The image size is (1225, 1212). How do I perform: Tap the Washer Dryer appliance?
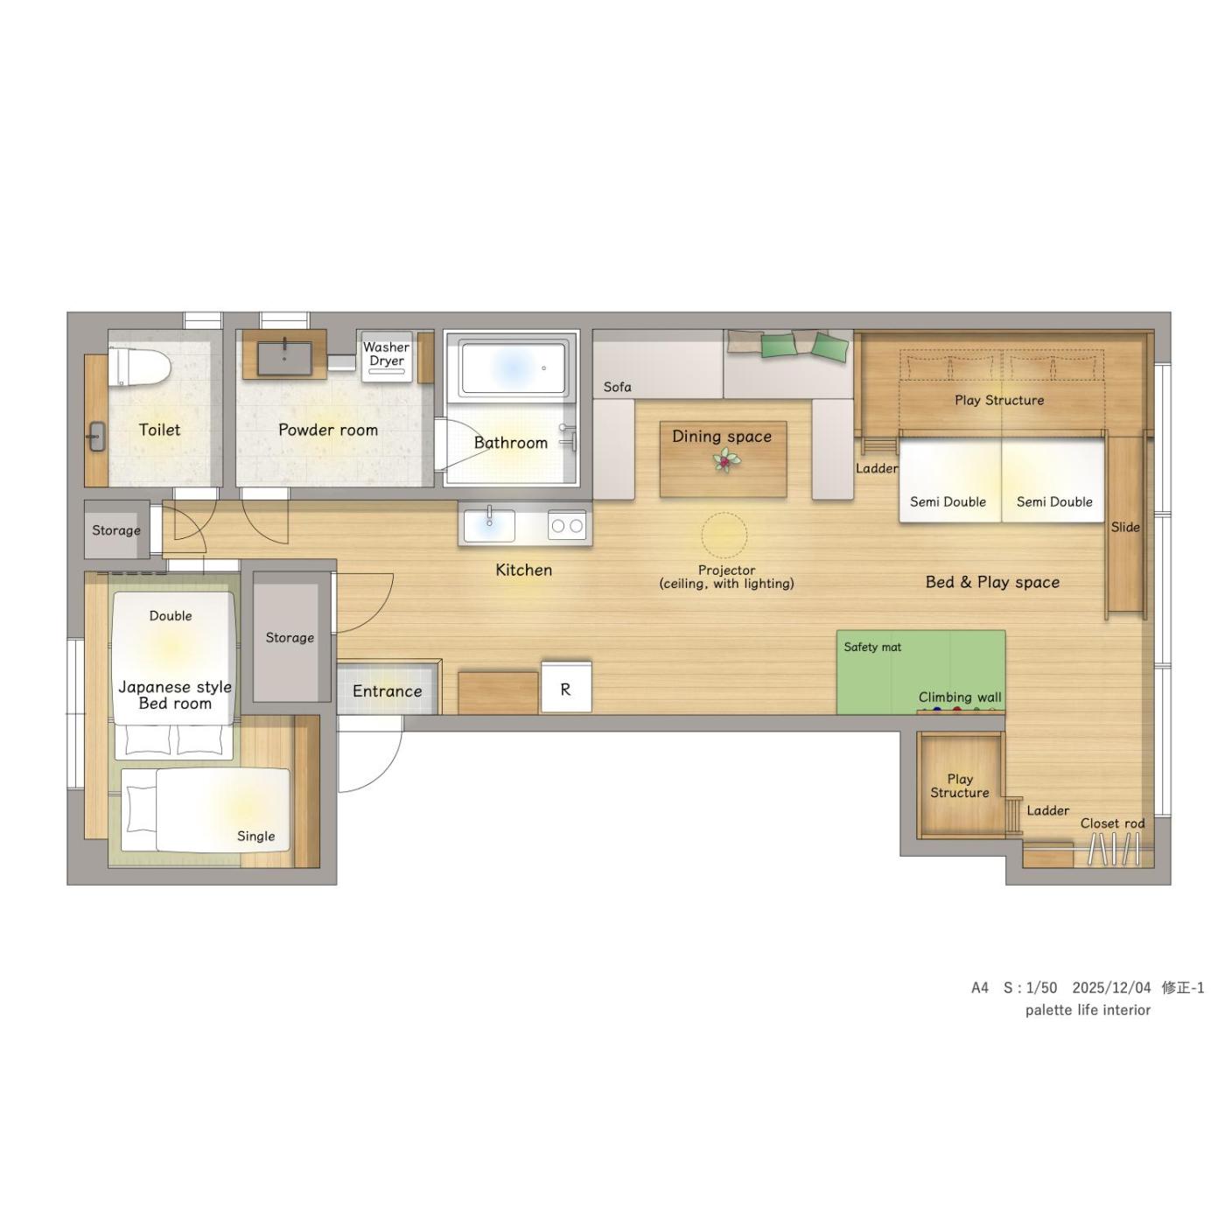click(386, 356)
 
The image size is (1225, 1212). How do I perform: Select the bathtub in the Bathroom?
click(513, 367)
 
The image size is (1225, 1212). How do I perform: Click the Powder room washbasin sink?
click(284, 358)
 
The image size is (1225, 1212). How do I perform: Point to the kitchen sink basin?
click(488, 524)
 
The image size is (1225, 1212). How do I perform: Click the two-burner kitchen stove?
click(566, 524)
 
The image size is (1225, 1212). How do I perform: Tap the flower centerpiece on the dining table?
click(724, 459)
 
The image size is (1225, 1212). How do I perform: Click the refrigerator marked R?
click(566, 687)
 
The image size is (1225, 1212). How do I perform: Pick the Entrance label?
click(387, 690)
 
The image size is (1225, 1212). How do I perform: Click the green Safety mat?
click(920, 671)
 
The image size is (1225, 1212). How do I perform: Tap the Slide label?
click(1124, 527)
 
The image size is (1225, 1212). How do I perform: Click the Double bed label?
click(171, 615)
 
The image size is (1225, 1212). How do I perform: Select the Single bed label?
click(255, 836)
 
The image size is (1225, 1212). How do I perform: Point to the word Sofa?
click(617, 386)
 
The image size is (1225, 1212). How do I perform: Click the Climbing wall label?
click(959, 697)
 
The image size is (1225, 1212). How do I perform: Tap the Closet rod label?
click(1112, 823)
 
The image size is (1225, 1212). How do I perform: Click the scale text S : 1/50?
click(1030, 987)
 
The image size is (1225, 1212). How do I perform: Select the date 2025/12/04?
click(1111, 987)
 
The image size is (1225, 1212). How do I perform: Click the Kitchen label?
click(523, 570)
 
